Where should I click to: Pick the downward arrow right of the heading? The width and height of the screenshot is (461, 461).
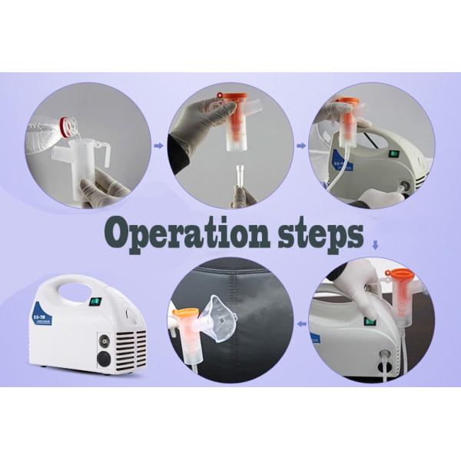tap(376, 246)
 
